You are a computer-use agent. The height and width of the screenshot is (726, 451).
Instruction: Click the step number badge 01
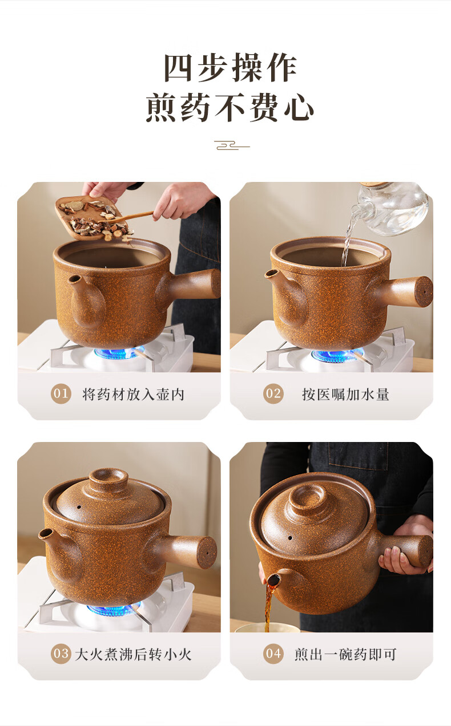pos(61,394)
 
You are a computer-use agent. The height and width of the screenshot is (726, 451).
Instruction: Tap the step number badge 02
pos(273,394)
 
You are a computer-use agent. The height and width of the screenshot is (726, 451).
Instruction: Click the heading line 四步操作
pos(230,68)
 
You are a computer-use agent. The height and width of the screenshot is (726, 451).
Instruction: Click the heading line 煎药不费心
pos(230,108)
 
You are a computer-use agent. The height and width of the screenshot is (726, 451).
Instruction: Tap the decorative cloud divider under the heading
pos(232,145)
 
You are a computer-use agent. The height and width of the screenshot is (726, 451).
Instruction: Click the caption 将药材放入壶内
pos(133,395)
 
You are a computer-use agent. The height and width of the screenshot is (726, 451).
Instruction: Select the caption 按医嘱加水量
pos(345,395)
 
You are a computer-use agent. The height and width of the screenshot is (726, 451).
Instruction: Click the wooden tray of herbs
pos(89,218)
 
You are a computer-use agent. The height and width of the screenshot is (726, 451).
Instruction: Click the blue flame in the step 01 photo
pos(119,352)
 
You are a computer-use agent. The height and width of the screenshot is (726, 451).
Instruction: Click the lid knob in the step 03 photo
pos(108,480)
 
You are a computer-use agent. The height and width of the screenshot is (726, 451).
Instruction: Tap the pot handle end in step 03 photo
pos(206,552)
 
